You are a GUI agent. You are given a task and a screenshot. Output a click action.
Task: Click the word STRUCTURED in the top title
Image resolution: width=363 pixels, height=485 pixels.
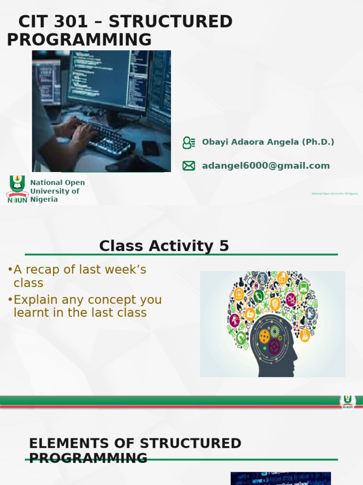[173, 22]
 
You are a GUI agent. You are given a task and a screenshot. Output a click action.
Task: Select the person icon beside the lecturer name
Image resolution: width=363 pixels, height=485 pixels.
[189, 142]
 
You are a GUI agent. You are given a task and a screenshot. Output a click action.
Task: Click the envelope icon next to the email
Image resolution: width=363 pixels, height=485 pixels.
[189, 165]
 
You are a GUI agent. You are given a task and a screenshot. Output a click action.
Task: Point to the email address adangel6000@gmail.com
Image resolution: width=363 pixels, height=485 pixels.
[266, 165]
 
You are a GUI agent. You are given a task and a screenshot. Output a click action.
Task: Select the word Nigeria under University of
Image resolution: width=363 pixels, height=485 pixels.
[44, 199]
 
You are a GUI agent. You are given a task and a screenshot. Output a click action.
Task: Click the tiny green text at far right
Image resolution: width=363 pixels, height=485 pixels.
[334, 194]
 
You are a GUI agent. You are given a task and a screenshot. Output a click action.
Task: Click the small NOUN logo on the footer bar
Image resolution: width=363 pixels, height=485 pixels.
[347, 402]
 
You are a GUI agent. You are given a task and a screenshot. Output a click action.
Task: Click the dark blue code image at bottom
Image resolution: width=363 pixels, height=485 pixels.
[280, 478]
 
